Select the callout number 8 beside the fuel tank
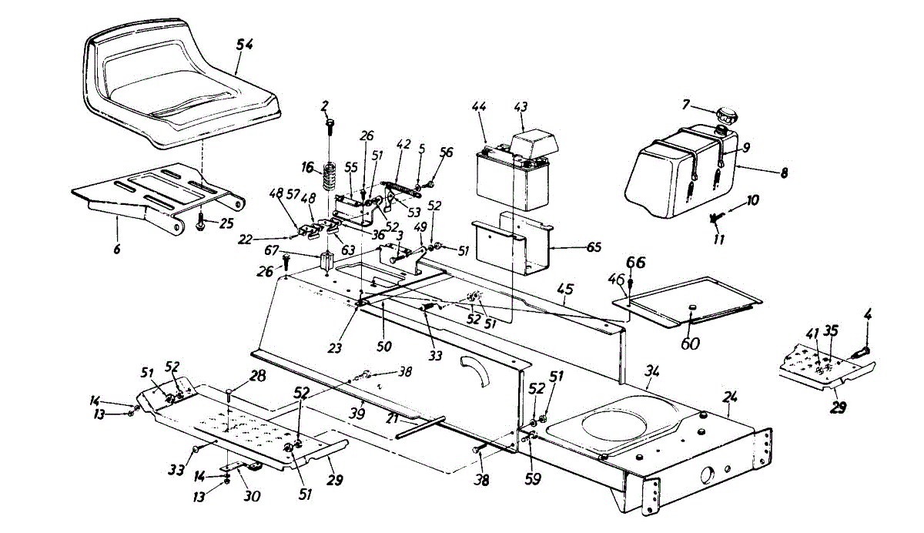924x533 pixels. click(784, 174)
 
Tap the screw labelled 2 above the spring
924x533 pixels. click(330, 123)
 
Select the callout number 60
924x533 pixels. click(690, 343)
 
